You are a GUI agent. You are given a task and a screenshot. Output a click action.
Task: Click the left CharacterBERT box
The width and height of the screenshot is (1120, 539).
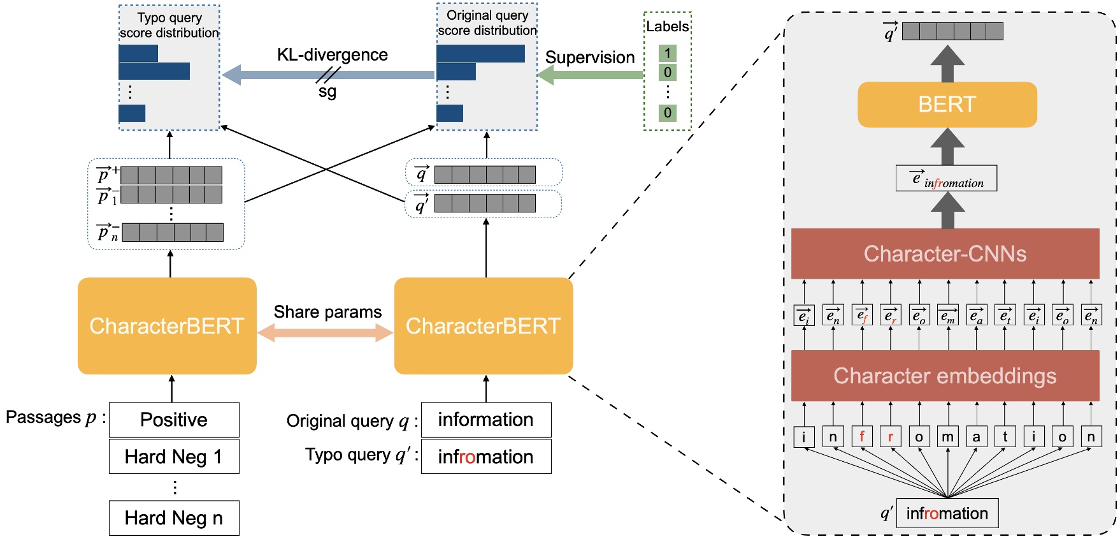coord(167,326)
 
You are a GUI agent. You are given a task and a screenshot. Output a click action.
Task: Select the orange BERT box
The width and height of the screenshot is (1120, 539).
coord(947,105)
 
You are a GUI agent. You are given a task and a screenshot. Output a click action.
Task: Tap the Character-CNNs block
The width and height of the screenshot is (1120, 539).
coord(945,254)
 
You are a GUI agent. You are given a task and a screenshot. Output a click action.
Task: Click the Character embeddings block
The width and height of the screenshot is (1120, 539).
coord(945,376)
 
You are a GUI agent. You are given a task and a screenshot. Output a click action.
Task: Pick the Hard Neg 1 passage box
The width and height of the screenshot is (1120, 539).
coord(174,457)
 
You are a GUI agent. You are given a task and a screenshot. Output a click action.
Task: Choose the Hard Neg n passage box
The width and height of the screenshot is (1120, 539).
coord(174,518)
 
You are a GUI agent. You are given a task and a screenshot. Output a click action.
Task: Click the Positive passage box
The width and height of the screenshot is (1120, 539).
coord(174,420)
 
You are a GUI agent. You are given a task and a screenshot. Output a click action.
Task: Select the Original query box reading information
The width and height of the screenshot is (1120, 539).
coord(486,420)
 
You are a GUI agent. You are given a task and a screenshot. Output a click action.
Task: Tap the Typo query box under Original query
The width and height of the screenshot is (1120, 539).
coord(486,457)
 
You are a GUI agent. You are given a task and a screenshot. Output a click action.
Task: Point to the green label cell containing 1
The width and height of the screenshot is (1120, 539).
coord(667,53)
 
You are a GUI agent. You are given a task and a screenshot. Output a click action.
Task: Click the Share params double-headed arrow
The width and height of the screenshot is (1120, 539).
coord(326,332)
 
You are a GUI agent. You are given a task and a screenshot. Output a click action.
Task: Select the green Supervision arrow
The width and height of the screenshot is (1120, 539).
coord(590,75)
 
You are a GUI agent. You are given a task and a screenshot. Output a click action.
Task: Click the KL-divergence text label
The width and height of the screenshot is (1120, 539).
coord(332,55)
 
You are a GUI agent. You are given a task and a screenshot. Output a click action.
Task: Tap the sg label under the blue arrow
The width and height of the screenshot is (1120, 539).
coord(327,92)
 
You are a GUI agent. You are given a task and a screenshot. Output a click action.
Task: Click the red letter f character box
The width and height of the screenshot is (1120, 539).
coord(861,437)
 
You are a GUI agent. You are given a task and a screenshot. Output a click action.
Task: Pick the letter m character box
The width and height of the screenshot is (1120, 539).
coord(947,437)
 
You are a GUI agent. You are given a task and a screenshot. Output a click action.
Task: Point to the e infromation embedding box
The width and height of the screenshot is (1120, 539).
coord(946,179)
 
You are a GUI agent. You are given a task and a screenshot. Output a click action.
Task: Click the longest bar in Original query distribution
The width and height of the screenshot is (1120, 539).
coord(480,54)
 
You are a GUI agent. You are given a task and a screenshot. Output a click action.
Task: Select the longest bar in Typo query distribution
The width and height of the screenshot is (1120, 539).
coord(154,71)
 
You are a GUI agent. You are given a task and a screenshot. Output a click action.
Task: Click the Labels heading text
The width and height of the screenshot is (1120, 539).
coord(667,27)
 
